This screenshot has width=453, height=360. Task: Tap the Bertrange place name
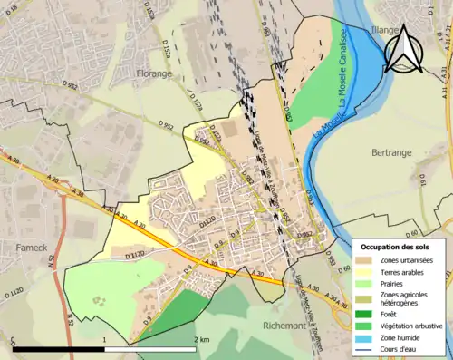tap(391, 152)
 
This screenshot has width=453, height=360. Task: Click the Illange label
tap(385, 30)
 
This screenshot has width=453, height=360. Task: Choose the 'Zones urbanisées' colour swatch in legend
tap(370, 260)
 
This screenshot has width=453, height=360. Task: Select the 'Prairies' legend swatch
tap(370, 284)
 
